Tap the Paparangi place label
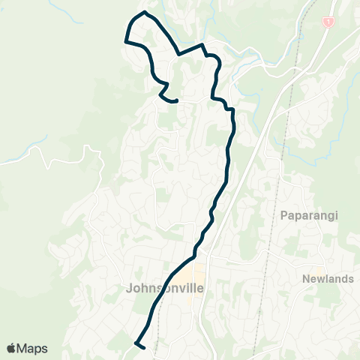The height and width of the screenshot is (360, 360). coord(309,216)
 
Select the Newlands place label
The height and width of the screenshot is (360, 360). coord(328,279)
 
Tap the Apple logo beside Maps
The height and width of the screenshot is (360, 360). coord(12,348)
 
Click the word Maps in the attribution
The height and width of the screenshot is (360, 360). coord(33,348)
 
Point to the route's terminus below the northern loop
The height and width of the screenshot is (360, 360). coord(175,100)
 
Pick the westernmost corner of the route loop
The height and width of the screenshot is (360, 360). coord(124,43)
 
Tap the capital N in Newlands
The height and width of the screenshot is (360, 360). coord(306,279)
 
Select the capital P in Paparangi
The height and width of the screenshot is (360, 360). coord(283,216)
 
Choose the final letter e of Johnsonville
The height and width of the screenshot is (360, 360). coord(201,287)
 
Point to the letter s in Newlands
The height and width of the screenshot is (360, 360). coord(350,279)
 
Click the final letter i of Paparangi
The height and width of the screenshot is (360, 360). coord(336,216)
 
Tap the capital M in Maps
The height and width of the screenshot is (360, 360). coord(24,348)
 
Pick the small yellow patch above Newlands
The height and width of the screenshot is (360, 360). coord(319,269)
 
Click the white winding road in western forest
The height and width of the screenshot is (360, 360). coord(67,160)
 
